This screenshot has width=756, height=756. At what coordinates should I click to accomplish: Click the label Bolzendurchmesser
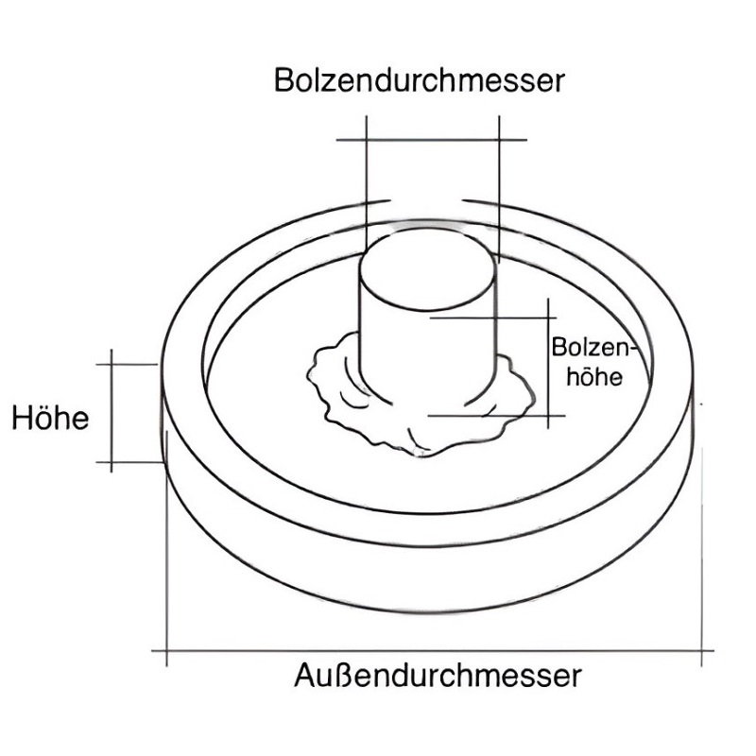[419, 80]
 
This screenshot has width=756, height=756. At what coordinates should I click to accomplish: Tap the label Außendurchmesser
[438, 676]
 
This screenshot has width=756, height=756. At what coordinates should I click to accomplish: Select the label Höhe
[50, 418]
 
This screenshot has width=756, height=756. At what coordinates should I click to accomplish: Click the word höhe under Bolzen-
[594, 376]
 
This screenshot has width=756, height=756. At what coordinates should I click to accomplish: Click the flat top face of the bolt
[428, 269]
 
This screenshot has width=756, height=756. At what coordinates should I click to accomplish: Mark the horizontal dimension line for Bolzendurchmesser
[432, 140]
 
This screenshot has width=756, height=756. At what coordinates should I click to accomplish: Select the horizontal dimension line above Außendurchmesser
[433, 651]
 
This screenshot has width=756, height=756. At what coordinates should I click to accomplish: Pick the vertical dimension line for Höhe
[112, 411]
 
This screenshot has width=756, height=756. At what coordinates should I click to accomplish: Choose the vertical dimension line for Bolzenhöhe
[548, 364]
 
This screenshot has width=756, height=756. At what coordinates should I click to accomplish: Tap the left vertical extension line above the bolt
[367, 183]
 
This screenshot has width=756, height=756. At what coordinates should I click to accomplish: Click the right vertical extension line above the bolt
[499, 189]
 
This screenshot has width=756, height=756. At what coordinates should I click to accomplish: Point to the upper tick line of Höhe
[127, 365]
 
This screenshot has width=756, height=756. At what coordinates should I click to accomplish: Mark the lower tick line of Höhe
[129, 462]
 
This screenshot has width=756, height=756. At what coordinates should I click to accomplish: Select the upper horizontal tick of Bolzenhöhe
[492, 318]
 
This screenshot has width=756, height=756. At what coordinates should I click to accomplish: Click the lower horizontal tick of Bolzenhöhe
[497, 416]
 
